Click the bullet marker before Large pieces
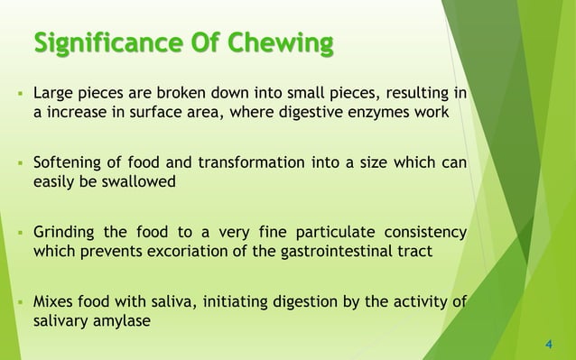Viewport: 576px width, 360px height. coord(18,93)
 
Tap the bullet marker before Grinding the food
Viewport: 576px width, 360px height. coord(18,234)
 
